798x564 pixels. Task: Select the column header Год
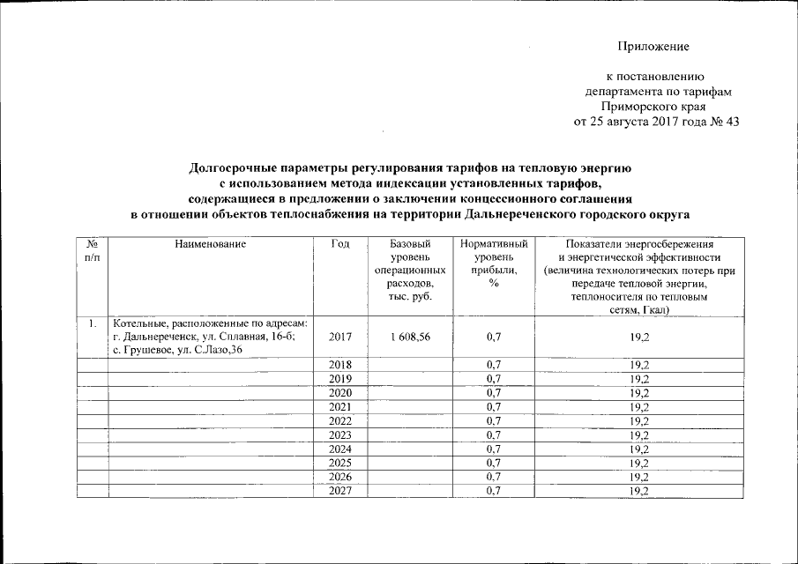[339, 243]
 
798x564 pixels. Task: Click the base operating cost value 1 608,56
[409, 338]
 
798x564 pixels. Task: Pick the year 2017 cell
[339, 338]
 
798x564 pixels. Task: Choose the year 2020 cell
[339, 392]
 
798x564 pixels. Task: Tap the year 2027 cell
[339, 491]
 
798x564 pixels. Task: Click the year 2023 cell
[339, 434]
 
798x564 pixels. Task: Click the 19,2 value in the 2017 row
[639, 338]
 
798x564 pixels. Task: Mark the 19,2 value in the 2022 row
[639, 420]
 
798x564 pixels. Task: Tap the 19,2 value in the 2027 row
[639, 491]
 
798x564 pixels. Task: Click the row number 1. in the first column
[92, 324]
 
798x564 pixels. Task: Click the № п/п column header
[92, 249]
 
